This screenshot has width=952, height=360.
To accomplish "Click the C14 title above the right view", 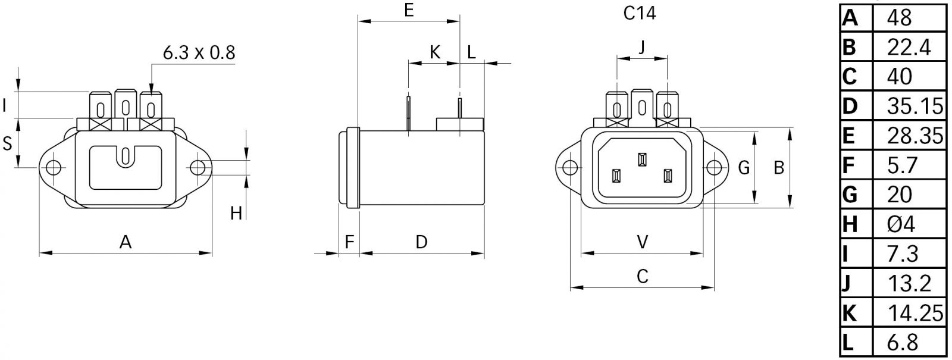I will tap(640, 13).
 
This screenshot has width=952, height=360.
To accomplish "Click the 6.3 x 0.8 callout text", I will tap(199, 53).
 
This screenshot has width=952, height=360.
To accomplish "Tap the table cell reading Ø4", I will tap(900, 224).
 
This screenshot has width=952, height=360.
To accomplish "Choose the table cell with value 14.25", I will tap(915, 312).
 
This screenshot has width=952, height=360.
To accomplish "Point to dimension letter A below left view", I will tap(125, 242).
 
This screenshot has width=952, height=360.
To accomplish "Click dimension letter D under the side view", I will tap(421, 242).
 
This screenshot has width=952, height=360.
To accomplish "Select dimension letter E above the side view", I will tap(408, 10).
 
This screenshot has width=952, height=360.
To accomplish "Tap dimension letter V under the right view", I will tap(643, 242).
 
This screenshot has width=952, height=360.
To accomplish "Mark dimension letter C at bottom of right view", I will tap(643, 277).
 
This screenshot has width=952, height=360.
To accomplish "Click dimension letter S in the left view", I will tap(8, 143).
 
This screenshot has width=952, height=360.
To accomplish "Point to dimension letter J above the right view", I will tap(641, 48).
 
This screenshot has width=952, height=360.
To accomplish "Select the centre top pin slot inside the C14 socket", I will tap(641, 160).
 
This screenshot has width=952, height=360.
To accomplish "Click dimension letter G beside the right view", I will tap(744, 168).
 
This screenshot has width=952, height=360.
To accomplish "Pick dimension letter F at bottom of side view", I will tap(350, 242).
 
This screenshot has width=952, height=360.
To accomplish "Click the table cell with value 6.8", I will tap(902, 342).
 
